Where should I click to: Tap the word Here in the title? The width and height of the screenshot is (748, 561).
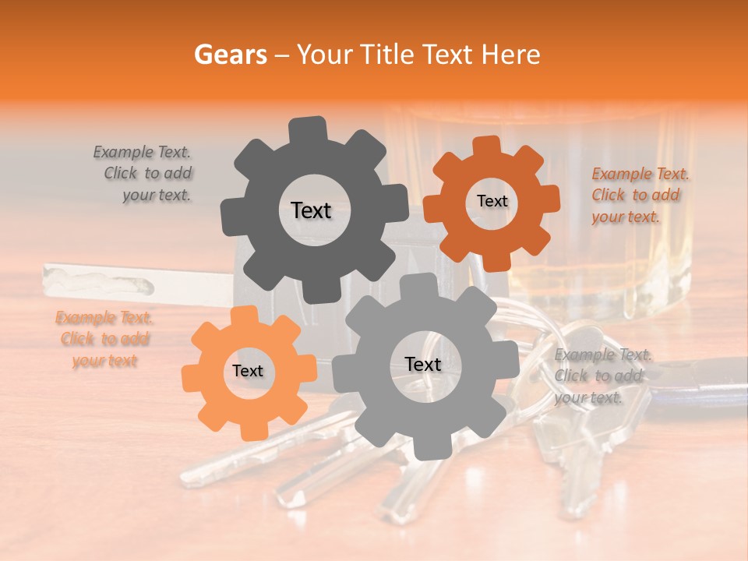510,55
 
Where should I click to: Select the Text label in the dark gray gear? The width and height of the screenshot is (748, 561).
311,210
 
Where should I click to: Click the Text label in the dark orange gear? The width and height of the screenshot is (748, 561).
492,201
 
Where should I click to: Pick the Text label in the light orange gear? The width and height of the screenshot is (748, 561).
248,371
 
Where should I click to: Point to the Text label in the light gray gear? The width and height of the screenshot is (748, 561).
422,365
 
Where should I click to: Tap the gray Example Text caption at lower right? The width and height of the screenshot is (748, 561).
602,376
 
